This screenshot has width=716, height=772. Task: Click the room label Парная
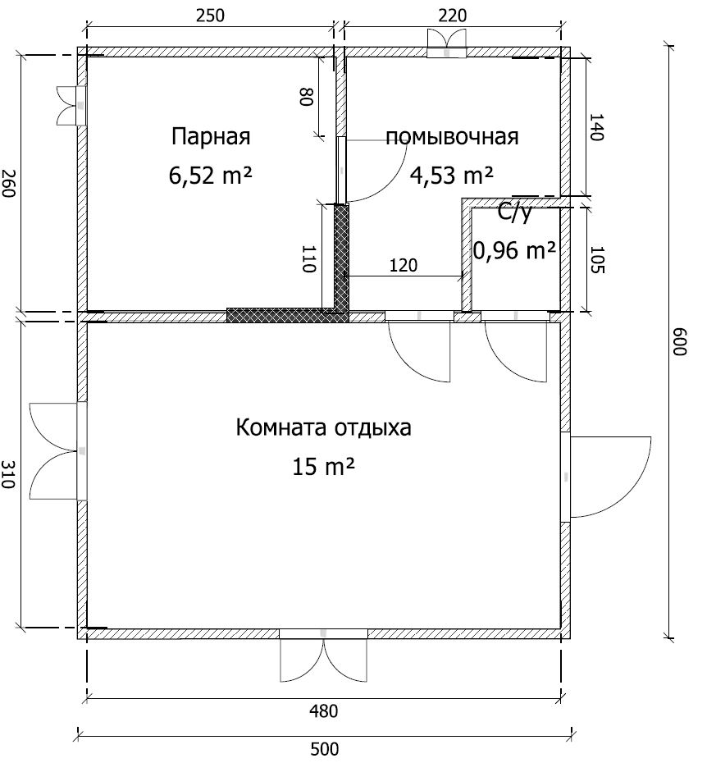pyautogui.click(x=211, y=137)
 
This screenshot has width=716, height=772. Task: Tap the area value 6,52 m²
pyautogui.click(x=211, y=175)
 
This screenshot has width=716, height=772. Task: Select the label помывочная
pyautogui.click(x=452, y=137)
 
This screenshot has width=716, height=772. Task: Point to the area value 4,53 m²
pyautogui.click(x=452, y=175)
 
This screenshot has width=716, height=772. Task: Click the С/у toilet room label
pyautogui.click(x=515, y=213)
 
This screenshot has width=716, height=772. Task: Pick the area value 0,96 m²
pyautogui.click(x=515, y=250)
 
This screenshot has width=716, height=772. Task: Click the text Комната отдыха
pyautogui.click(x=323, y=427)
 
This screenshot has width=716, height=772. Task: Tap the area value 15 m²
pyautogui.click(x=323, y=466)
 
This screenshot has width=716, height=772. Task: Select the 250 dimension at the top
pyautogui.click(x=210, y=16)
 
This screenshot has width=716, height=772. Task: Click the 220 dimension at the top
pyautogui.click(x=452, y=16)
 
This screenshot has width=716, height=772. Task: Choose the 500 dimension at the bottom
pyautogui.click(x=325, y=749)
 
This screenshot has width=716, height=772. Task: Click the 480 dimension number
pyautogui.click(x=324, y=711)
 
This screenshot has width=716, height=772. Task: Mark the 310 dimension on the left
pyautogui.click(x=8, y=474)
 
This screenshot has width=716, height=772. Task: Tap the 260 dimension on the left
pyautogui.click(x=8, y=183)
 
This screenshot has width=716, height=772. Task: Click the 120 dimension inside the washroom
pyautogui.click(x=404, y=265)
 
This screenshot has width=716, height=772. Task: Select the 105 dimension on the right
pyautogui.click(x=596, y=259)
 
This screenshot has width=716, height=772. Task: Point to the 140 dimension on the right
pyautogui.click(x=596, y=127)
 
